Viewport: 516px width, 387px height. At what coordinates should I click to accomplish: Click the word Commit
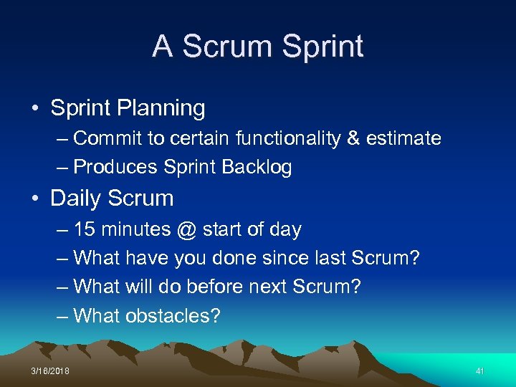click(x=108, y=138)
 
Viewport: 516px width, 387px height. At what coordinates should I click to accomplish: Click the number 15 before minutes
click(x=85, y=229)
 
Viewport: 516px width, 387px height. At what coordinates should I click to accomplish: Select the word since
click(x=279, y=258)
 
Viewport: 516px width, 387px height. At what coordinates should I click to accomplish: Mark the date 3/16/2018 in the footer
click(x=51, y=371)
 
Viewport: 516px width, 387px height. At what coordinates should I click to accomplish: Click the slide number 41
click(x=480, y=371)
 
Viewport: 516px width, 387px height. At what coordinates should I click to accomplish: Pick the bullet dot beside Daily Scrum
click(x=34, y=199)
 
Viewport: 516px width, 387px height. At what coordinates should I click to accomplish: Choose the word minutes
click(x=135, y=229)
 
